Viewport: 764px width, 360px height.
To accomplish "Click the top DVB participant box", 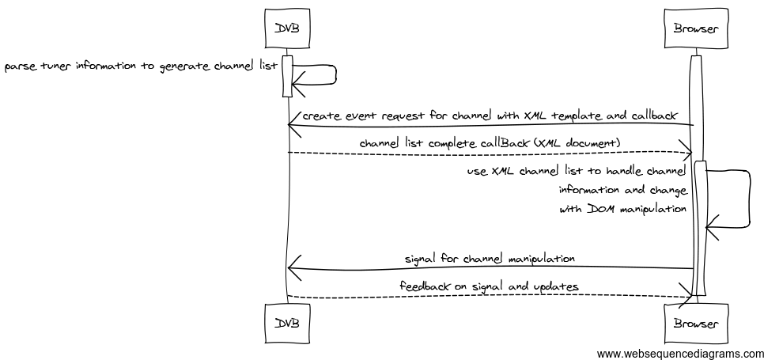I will pos(287,29).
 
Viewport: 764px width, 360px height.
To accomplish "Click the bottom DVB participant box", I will pos(287,324).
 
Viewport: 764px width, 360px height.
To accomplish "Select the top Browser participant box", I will pos(695,29).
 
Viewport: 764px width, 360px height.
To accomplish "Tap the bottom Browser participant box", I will pos(695,324).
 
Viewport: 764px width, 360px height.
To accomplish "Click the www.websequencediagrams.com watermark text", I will pos(680,354).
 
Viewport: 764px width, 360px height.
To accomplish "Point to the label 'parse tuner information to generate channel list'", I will pos(141,66).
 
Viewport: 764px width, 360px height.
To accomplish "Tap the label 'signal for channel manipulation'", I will pos(490,259).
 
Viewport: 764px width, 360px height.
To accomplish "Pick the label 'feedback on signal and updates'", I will pos(490,286).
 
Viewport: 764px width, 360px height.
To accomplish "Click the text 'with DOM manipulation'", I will pos(622,210).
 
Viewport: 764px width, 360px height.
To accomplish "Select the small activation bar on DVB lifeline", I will pos(288,76).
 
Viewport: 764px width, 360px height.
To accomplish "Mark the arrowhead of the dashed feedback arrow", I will pos(686,297).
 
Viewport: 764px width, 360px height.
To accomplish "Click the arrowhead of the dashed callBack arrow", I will pos(686,151).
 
